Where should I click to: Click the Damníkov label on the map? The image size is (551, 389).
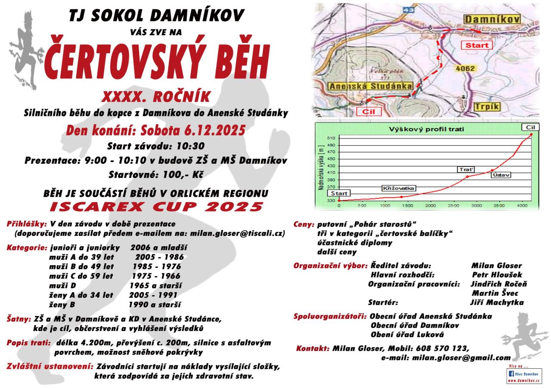[x=492, y=19]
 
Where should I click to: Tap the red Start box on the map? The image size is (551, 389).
[x=477, y=45]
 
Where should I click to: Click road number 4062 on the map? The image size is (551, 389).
[x=464, y=68]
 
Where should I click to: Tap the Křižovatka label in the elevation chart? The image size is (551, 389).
[x=399, y=188]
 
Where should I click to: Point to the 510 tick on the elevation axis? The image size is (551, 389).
[x=331, y=138]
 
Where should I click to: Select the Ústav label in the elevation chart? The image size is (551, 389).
[x=502, y=175]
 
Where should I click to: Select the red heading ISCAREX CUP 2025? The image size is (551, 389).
[x=156, y=207]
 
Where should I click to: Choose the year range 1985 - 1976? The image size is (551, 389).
[x=156, y=266]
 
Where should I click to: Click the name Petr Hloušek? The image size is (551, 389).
[x=497, y=275]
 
